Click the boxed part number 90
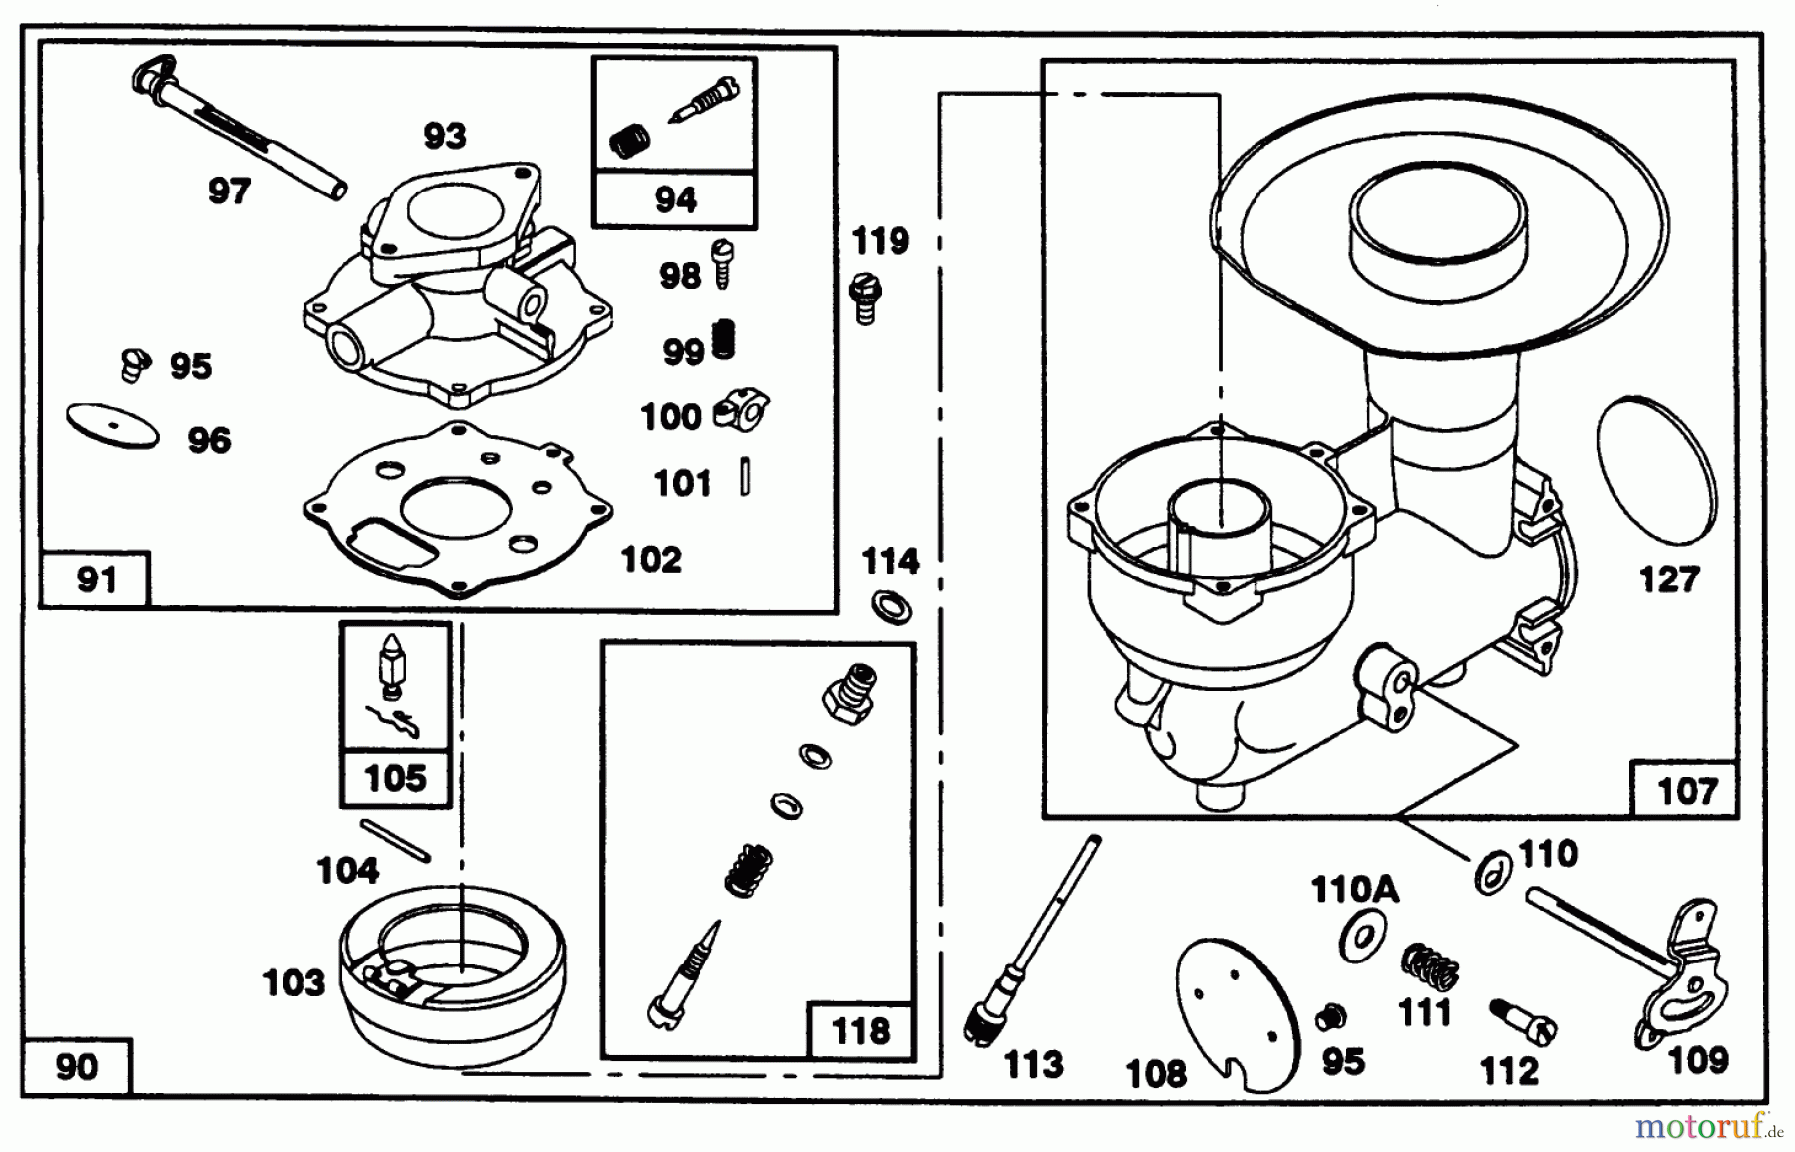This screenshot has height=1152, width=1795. click(76, 1067)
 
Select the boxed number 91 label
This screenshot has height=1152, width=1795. click(95, 579)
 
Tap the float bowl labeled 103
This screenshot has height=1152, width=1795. click(451, 972)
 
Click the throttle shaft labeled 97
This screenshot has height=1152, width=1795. click(239, 130)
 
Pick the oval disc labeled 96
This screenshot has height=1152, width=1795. click(113, 426)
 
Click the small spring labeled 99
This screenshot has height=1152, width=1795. click(725, 341)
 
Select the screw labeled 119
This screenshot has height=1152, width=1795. click(865, 298)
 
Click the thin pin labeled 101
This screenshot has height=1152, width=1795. click(745, 476)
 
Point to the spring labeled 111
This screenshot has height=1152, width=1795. click(1431, 964)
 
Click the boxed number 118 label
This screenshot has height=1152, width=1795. click(859, 1030)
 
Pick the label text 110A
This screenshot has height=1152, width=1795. click(1354, 889)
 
